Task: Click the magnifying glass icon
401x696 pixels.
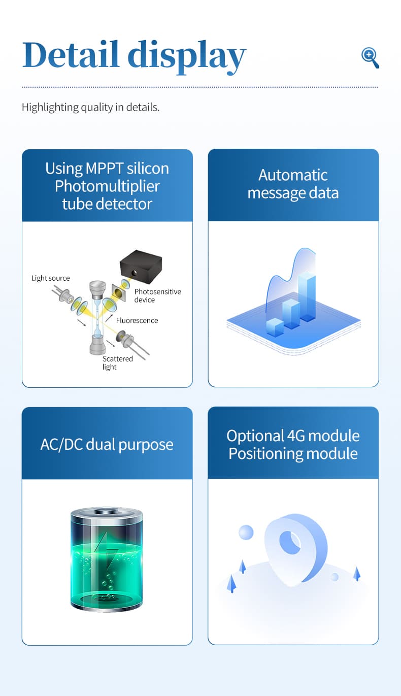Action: tap(370, 58)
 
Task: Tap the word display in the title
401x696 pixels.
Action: tap(187, 57)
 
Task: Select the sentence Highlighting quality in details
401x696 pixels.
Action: tap(90, 107)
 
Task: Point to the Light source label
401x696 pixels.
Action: tap(50, 278)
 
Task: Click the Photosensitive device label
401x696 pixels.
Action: tap(157, 295)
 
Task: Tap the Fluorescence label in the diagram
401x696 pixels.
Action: tap(137, 320)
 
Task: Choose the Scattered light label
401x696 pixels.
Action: tap(117, 362)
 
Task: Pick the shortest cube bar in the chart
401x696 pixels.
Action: tap(275, 327)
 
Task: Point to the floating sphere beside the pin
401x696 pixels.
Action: tap(246, 532)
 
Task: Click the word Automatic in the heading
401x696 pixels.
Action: tap(293, 175)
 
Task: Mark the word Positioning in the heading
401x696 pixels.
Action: tap(265, 454)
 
